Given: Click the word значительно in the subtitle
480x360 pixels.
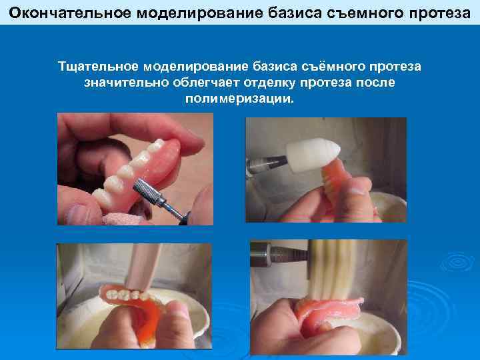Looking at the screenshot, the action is (127, 83).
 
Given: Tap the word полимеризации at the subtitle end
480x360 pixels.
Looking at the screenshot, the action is (239, 99).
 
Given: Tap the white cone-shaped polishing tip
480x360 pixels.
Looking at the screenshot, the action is (313, 155).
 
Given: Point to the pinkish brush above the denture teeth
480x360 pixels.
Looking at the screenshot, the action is (143, 266).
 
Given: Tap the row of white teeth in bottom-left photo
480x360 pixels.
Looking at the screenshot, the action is (126, 295).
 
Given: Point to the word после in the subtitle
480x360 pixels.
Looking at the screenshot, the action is (375, 83).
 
